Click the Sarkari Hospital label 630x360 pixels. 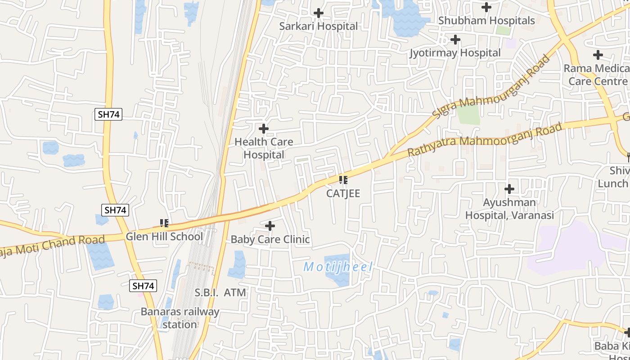(x=318, y=26)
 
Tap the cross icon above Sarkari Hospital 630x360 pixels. (x=319, y=13)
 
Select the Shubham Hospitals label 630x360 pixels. (x=486, y=21)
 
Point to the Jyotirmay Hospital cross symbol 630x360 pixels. (x=455, y=40)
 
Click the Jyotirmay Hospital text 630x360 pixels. (x=455, y=53)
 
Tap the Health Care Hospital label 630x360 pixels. (x=264, y=148)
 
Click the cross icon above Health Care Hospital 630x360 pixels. (x=264, y=129)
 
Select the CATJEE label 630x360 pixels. (x=343, y=193)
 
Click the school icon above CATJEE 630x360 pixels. (x=343, y=180)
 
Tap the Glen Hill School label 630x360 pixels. (x=164, y=237)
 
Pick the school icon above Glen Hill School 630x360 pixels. (x=164, y=223)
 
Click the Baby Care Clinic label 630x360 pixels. (x=270, y=239)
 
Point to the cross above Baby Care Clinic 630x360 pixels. (x=270, y=225)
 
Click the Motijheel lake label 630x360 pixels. (x=338, y=267)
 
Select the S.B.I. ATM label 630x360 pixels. (x=220, y=292)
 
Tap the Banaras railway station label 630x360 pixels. (x=180, y=318)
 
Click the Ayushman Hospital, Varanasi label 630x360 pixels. (x=509, y=209)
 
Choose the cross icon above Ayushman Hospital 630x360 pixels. (x=509, y=189)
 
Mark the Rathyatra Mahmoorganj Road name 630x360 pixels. (x=485, y=139)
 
